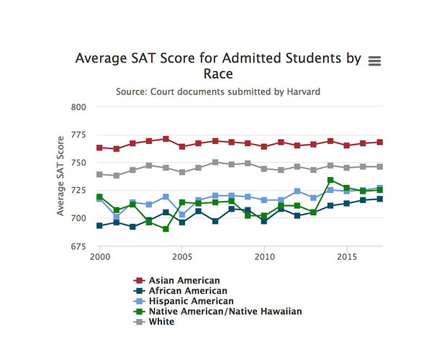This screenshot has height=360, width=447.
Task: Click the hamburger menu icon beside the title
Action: coord(374,61)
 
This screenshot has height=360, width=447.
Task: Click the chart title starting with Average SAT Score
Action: coord(218,66)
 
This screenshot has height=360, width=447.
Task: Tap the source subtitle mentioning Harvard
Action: coord(218,92)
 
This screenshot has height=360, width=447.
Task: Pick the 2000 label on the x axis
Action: coord(99,257)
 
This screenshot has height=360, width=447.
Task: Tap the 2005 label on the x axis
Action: coord(182,257)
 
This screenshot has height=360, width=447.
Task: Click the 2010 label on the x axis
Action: coord(265,257)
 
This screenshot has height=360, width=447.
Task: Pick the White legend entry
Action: coord(163,322)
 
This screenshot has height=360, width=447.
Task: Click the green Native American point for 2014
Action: coord(330,180)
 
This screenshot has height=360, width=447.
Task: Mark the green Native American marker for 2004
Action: coord(166,229)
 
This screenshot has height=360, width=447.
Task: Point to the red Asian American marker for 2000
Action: coord(99,148)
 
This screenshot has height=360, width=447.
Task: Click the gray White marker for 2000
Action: coord(99,174)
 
